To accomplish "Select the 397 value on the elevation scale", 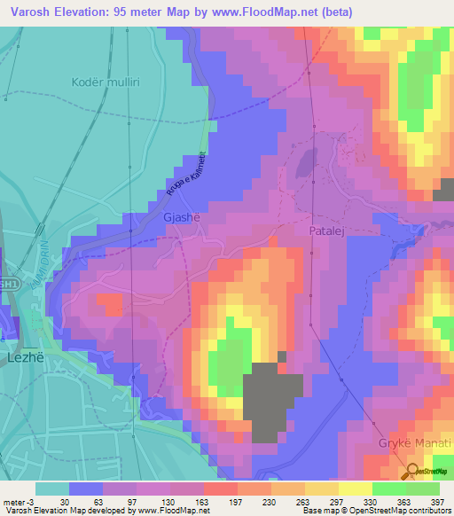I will click(x=435, y=502).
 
